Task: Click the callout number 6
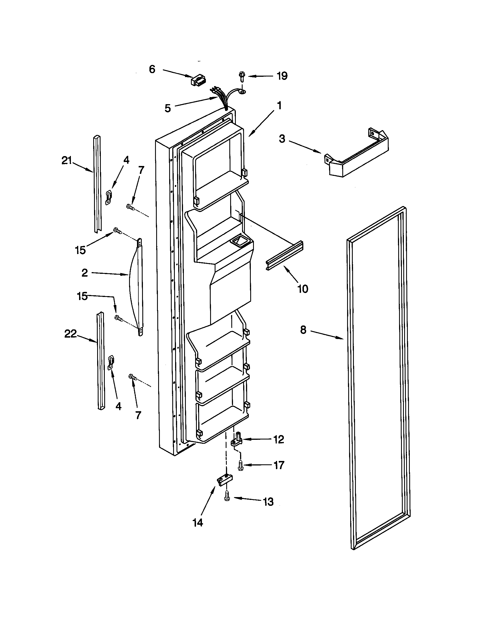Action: (x=152, y=69)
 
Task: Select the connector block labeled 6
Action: (x=198, y=81)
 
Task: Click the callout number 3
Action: (x=282, y=139)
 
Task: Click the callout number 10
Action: (x=303, y=289)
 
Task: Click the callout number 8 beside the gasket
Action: (x=303, y=330)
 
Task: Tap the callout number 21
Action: (x=67, y=161)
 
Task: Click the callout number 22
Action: (x=71, y=334)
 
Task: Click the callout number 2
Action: (x=84, y=273)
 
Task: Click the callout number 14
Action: (x=198, y=522)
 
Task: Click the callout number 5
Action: (x=167, y=108)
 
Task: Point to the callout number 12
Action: (x=278, y=439)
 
